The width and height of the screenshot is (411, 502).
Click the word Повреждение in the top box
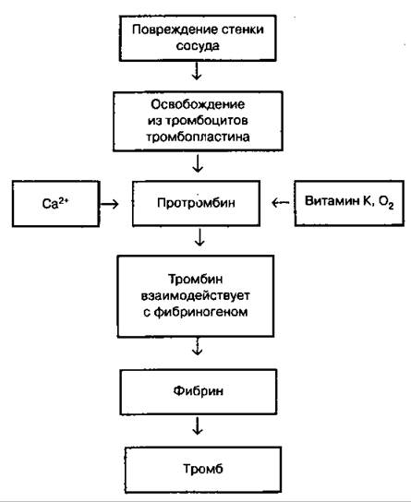[171, 30]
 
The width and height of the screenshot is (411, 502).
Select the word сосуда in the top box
[198, 46]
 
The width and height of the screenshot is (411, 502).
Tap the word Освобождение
[198, 104]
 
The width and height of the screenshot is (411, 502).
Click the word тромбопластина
[198, 137]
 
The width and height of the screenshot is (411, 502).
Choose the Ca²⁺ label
[55, 203]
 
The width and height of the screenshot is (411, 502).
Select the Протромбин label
[196, 203]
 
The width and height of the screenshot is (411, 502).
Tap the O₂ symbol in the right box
[386, 202]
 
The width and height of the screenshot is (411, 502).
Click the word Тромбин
[196, 280]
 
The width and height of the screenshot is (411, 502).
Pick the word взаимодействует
[196, 295]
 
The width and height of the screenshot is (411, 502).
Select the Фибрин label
[199, 391]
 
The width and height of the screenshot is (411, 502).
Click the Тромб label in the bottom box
[203, 469]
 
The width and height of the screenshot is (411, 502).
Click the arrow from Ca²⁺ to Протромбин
[109, 204]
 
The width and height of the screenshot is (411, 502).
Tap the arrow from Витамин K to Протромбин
[281, 202]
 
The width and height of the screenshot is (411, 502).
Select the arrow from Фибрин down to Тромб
[198, 425]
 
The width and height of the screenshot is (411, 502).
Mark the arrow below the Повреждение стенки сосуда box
[197, 71]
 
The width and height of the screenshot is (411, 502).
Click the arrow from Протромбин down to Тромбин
[199, 237]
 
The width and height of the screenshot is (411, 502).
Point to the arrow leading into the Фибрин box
[198, 346]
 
